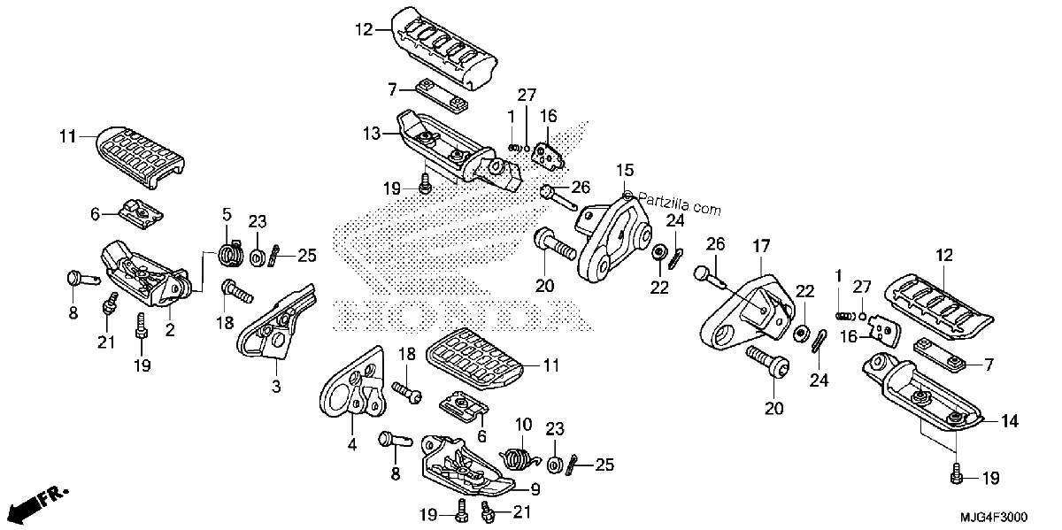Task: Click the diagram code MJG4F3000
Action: pos(994,516)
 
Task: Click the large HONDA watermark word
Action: pos(463,315)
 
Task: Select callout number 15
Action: pos(625,171)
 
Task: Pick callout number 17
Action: pos(761,247)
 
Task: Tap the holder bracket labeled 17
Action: pos(747,313)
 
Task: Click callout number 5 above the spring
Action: pos(227,215)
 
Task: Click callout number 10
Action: pos(523,425)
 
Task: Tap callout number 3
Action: pos(276,387)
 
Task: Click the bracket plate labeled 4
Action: pos(352,382)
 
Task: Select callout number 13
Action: pos(371,134)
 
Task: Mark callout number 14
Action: pos(1010,421)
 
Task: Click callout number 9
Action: pos(535,489)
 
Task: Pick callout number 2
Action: pos(170,329)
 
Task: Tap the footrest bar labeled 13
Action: pos(459,150)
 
